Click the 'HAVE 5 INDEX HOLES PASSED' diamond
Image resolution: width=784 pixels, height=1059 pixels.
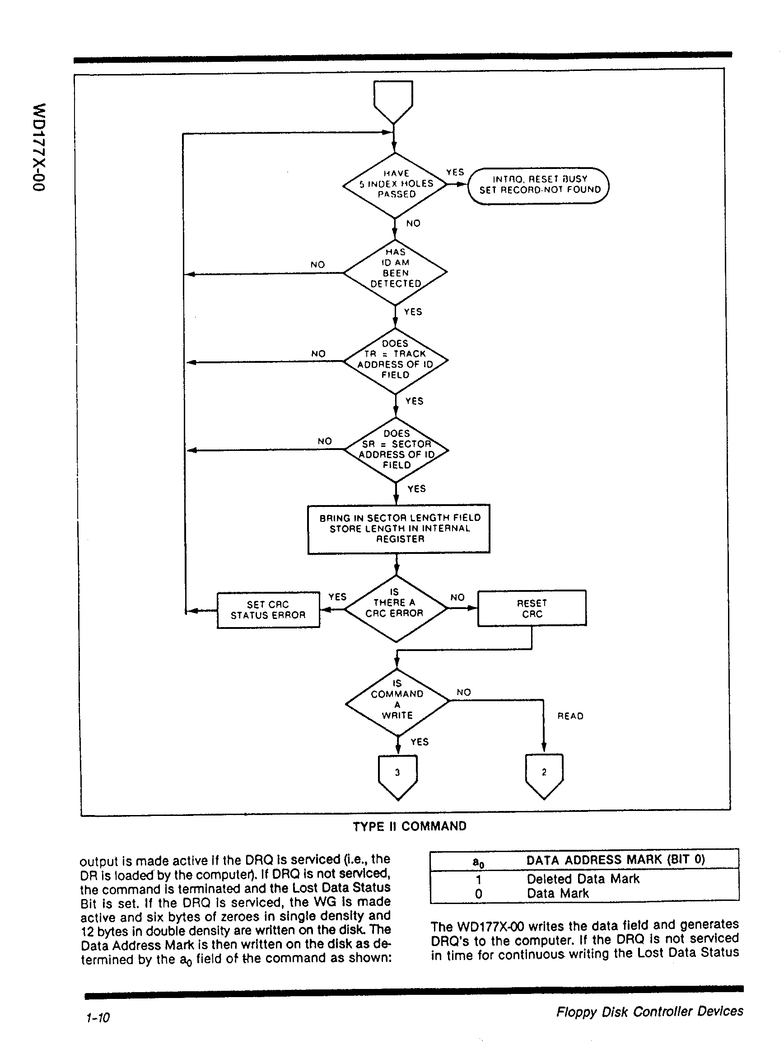pos(395,185)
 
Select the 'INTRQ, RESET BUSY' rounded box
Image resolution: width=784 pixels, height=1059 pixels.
pos(539,186)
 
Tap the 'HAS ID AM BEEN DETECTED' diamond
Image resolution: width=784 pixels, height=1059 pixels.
pos(395,272)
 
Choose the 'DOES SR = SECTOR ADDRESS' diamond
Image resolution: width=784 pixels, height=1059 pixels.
pos(396,450)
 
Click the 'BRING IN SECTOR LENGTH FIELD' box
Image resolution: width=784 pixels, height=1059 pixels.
pos(399,529)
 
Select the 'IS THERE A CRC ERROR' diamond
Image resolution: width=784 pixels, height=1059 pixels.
pos(395,608)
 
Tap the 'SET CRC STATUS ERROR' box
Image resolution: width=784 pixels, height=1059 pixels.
pos(268,610)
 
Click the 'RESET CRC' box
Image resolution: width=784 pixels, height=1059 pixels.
pos(532,609)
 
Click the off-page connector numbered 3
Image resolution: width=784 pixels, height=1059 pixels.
pos(398,774)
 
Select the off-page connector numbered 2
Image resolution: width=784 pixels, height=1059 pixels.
pos(544,774)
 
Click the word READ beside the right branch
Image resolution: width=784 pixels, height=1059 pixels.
pos(570,716)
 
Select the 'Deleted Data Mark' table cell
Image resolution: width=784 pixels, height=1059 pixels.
pos(583,879)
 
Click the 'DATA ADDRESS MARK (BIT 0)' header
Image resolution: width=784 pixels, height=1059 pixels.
pos(616,860)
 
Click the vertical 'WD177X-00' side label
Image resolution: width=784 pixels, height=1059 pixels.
pos(39,147)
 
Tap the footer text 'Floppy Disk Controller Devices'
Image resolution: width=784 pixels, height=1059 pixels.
pos(649,1012)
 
